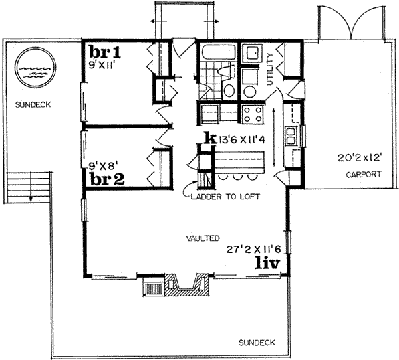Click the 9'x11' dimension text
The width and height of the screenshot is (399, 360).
coord(105,64)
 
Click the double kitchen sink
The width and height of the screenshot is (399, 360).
coord(291,136)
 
